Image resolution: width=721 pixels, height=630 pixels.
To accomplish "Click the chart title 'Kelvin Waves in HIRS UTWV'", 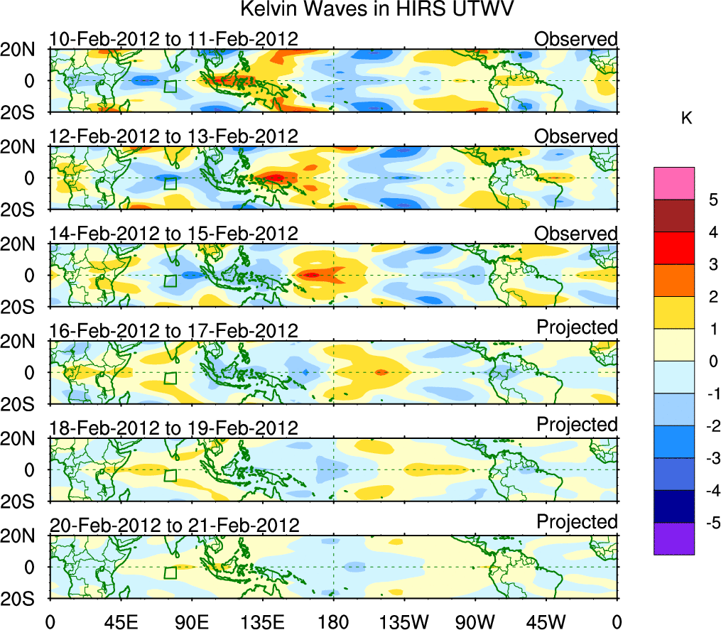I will point(376,10).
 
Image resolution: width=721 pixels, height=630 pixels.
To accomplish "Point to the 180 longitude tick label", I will point(333,621).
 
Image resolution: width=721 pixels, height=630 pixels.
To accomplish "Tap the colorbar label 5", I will point(708,200).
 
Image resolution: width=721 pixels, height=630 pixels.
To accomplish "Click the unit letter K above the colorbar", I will point(686,119).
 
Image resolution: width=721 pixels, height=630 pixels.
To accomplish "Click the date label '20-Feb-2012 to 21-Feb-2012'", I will point(174,526).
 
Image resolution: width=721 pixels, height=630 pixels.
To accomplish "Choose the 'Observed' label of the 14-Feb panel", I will point(576,234).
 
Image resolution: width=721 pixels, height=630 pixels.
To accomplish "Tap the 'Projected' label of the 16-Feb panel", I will point(577,327).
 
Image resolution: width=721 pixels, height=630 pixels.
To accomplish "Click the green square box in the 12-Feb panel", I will point(170,183).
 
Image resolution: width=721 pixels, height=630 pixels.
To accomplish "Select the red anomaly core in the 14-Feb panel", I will point(313,274).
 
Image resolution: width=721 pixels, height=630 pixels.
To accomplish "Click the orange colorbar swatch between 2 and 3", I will point(673,281).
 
